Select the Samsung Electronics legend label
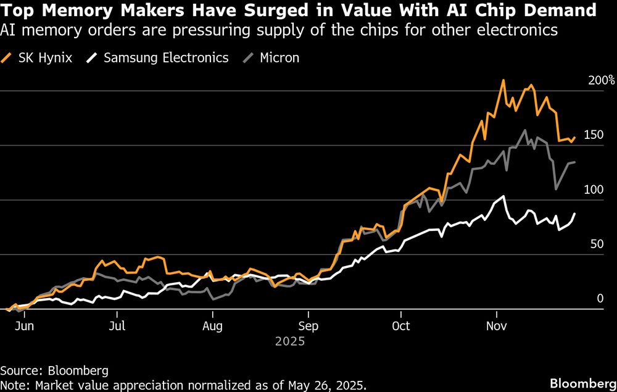click(166, 58)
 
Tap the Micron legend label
click(279, 58)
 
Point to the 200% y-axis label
click(602, 80)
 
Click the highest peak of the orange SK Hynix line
click(503, 80)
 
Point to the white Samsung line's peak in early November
click(503, 197)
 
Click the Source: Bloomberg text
click(54, 371)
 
